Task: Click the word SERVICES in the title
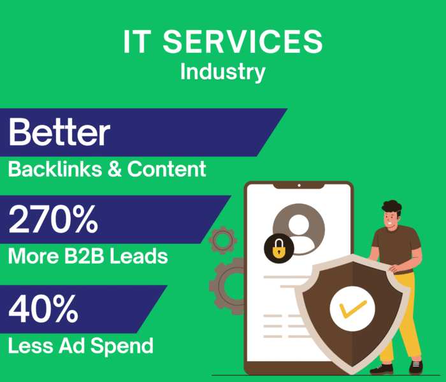pyautogui.click(x=241, y=43)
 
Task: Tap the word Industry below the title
pyautogui.click(x=222, y=71)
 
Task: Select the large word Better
pyautogui.click(x=59, y=132)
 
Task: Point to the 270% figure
pyautogui.click(x=54, y=218)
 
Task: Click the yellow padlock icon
pyautogui.click(x=278, y=250)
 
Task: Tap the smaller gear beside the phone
pyautogui.click(x=223, y=240)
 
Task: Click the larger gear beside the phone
pyautogui.click(x=224, y=283)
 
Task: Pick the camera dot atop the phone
pyautogui.click(x=298, y=185)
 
